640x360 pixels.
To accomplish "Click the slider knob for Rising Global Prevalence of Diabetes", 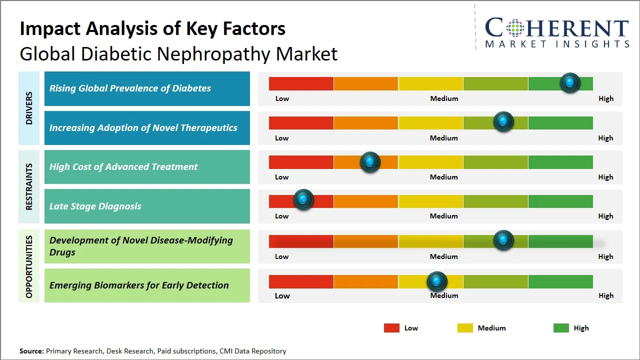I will coord(570,83).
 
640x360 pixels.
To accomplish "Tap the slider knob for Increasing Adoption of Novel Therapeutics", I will coord(503,122).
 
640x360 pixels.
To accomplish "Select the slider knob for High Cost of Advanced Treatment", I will coord(370,162).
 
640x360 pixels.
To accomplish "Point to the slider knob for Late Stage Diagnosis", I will coord(303,199).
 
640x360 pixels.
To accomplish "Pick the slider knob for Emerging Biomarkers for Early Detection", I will coord(437,281).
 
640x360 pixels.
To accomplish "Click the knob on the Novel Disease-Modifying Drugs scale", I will coord(503,240).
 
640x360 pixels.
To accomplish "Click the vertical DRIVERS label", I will coord(29,107).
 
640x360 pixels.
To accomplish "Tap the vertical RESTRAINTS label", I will coord(29,186).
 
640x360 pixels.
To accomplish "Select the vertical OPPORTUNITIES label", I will coord(29,266).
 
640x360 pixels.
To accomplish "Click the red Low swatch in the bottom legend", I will coord(391,328).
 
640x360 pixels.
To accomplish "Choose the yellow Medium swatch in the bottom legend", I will coord(465,328).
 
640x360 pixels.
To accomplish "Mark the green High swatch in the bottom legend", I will coord(561,328).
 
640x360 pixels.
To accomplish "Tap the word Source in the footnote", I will coord(31,351).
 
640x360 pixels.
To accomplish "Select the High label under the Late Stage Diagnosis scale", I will coord(605,216).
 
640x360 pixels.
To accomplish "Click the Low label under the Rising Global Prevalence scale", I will coord(282,98).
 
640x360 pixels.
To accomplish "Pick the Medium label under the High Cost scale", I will coord(444,177).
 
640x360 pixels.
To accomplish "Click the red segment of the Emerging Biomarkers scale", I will coord(301,281).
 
